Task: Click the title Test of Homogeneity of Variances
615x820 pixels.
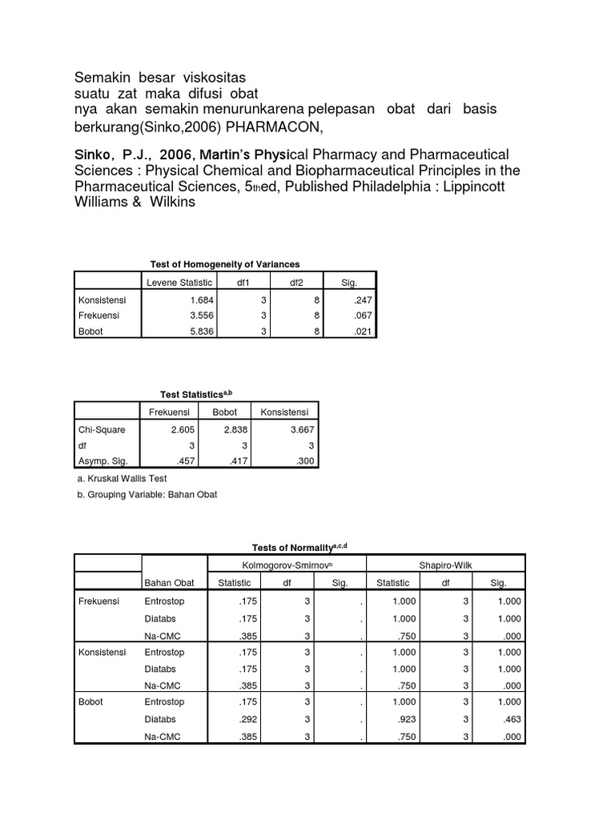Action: tap(225, 264)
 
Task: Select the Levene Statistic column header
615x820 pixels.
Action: tap(179, 282)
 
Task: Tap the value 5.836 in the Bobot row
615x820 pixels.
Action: tap(199, 332)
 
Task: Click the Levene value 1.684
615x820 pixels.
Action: tap(199, 299)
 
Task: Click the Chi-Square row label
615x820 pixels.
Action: tap(102, 429)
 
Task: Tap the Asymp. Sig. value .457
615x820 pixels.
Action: tap(176, 460)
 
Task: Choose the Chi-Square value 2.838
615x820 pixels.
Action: tap(235, 429)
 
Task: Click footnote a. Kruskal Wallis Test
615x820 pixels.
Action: tap(122, 479)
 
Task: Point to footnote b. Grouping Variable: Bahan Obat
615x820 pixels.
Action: tap(147, 495)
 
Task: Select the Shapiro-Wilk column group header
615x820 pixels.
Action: tap(445, 565)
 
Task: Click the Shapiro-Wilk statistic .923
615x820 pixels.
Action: tap(408, 718)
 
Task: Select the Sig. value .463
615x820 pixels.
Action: tap(510, 718)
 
